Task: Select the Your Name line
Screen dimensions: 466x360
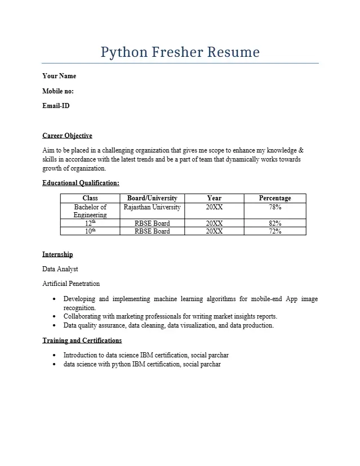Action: [59, 76]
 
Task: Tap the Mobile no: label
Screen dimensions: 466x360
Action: [58, 91]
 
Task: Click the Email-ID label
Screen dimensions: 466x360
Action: [56, 105]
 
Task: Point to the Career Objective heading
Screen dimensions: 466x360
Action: [67, 136]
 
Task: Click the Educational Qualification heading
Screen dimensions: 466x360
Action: [81, 183]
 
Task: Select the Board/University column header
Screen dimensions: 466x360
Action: [152, 198]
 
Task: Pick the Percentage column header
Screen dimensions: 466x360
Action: [275, 198]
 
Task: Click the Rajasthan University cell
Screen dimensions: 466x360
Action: [152, 207]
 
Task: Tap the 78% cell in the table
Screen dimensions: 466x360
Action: [275, 207]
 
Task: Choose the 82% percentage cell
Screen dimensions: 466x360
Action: [275, 223]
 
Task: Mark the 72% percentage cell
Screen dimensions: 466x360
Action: [275, 231]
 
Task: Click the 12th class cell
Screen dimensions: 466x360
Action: [90, 223]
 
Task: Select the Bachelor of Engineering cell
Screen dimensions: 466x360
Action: [90, 211]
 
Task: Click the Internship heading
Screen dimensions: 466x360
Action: [57, 254]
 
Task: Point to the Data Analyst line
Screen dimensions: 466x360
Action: [60, 269]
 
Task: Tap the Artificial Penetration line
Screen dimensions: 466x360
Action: [71, 284]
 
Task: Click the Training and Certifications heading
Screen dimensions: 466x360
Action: [82, 340]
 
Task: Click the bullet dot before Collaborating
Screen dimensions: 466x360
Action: [54, 317]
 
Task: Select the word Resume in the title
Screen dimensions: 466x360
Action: [233, 52]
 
